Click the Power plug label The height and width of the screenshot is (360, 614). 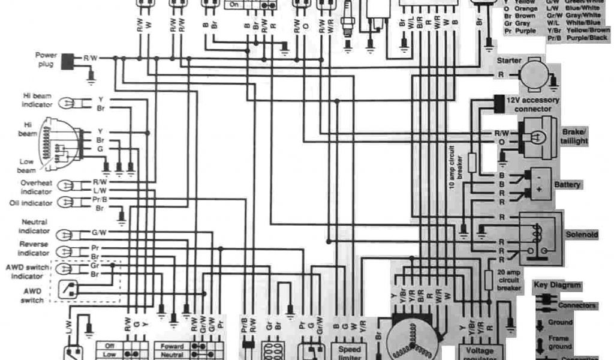(x=46, y=58)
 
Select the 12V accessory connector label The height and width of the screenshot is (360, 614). (x=533, y=104)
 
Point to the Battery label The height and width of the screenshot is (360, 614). (x=567, y=185)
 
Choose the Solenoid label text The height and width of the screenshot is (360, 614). (x=582, y=235)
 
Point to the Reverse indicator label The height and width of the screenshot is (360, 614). (x=34, y=248)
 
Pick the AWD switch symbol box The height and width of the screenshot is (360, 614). (x=69, y=290)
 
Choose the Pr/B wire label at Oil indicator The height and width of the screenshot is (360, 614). (x=100, y=199)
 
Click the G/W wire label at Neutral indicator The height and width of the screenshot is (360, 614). (x=99, y=232)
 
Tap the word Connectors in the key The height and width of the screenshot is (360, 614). (x=576, y=305)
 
